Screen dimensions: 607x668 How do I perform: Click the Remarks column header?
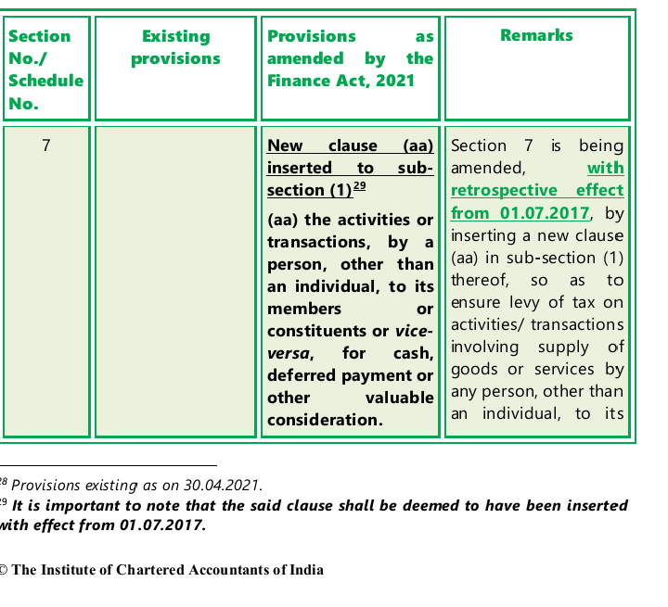tap(536, 35)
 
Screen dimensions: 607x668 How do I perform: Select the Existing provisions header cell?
tap(175, 47)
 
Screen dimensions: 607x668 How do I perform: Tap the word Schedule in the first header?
tap(45, 81)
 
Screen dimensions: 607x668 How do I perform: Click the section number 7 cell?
tap(46, 145)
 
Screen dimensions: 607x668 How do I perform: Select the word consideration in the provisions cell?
tap(325, 420)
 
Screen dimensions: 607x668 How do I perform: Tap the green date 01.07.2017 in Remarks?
tap(545, 212)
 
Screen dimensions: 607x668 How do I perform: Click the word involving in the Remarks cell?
tap(483, 347)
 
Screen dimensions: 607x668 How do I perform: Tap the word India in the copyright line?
tap(306, 570)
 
